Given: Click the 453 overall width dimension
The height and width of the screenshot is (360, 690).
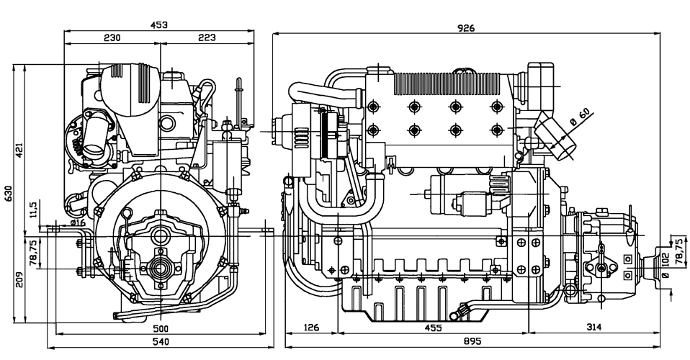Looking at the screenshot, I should [x=158, y=24].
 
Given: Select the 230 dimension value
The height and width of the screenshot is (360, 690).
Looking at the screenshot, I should [x=111, y=37].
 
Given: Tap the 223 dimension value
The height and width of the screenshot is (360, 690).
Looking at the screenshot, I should [x=207, y=37].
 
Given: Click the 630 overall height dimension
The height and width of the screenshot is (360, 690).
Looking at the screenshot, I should [x=9, y=193].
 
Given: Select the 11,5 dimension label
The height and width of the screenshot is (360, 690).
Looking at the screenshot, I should [x=32, y=209].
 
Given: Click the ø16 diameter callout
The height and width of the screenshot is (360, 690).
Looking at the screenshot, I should [x=78, y=222].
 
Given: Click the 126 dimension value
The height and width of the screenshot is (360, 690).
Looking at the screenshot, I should [x=311, y=328].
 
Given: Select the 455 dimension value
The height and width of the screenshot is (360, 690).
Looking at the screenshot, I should [x=433, y=328].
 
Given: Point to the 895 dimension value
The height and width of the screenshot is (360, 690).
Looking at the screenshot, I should [x=472, y=341].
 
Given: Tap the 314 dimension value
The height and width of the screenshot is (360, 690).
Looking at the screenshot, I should [x=593, y=328].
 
